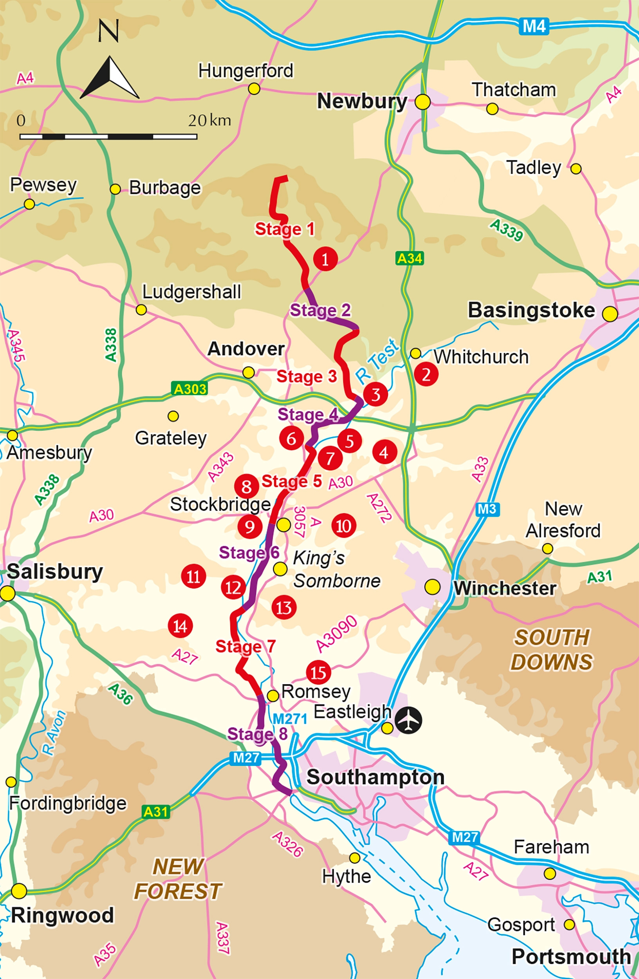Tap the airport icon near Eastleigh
point(409,720)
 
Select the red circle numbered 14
point(181,626)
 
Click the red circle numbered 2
point(426,374)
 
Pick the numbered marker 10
point(344,526)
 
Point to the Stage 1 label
point(285,229)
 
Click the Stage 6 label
point(249,553)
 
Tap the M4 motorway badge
point(534,27)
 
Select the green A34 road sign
point(410,258)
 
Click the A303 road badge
point(190,389)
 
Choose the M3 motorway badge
point(487,509)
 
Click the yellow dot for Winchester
point(432,587)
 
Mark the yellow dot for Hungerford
point(254,89)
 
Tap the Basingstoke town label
point(531,310)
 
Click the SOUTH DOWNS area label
point(551,650)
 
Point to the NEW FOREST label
point(178,879)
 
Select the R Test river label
point(377,360)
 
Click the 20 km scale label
point(209,121)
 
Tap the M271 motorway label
point(290,719)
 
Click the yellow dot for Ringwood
point(19,891)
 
